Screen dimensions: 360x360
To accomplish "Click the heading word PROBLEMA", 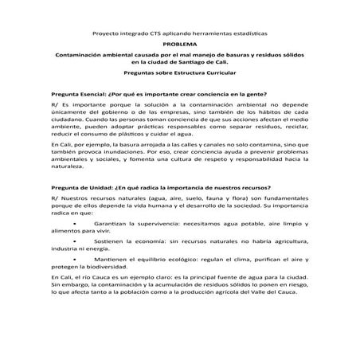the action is (179, 46).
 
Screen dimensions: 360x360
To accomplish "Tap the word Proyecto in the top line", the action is (107, 35).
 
